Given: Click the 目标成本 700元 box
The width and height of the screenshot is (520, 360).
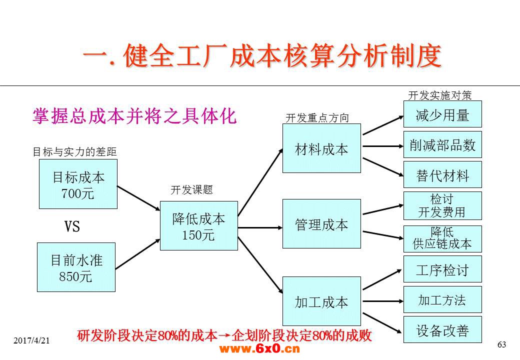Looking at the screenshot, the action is [x=78, y=184].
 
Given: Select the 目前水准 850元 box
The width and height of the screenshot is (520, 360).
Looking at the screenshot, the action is [x=76, y=267].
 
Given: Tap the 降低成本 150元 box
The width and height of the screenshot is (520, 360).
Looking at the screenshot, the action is [x=199, y=225].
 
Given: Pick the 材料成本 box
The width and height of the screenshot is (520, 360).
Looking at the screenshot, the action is [x=321, y=148].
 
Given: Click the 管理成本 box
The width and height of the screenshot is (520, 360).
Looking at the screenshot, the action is [x=321, y=224].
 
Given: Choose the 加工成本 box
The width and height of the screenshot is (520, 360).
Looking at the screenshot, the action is [x=321, y=301].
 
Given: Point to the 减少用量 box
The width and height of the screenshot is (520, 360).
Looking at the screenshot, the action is [x=442, y=114].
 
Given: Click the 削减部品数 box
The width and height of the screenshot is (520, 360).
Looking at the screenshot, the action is [x=442, y=144].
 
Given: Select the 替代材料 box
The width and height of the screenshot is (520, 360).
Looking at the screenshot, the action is [x=442, y=174].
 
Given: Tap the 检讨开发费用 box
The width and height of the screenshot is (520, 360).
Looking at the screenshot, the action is [x=442, y=206].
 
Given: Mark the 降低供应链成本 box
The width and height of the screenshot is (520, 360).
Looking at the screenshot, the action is [x=442, y=239].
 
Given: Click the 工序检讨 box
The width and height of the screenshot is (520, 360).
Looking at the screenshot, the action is [x=442, y=269].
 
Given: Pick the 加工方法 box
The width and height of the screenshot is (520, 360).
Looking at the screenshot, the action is [x=442, y=299].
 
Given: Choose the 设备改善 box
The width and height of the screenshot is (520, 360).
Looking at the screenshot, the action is [x=442, y=329].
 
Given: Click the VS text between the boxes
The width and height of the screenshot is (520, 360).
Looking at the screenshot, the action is [x=72, y=226].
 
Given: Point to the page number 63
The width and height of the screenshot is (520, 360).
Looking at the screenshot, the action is [x=502, y=345].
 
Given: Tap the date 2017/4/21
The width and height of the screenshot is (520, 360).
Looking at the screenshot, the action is [x=31, y=340].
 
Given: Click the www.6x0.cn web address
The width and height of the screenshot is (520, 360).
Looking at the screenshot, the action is [x=259, y=348].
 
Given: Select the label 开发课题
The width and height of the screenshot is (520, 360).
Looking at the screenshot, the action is [x=191, y=190].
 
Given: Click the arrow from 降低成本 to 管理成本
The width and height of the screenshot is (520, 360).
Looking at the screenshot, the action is [x=260, y=227].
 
